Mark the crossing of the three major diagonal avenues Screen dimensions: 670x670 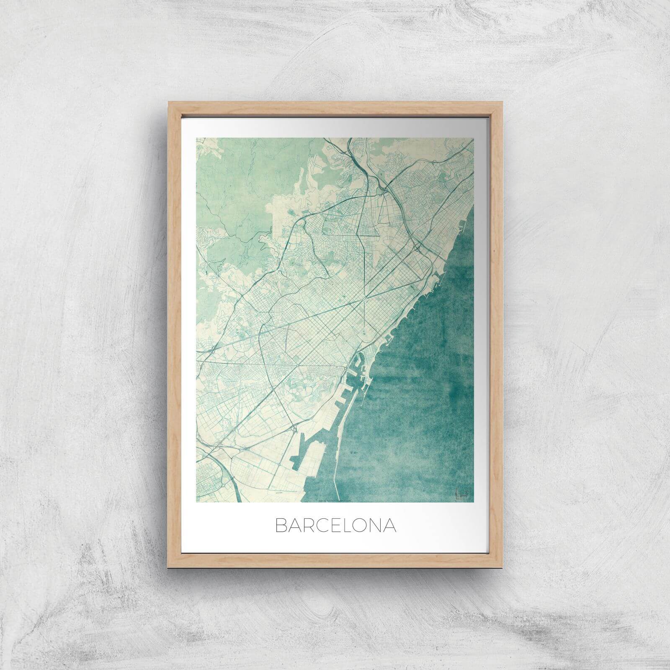pos(367,298)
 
